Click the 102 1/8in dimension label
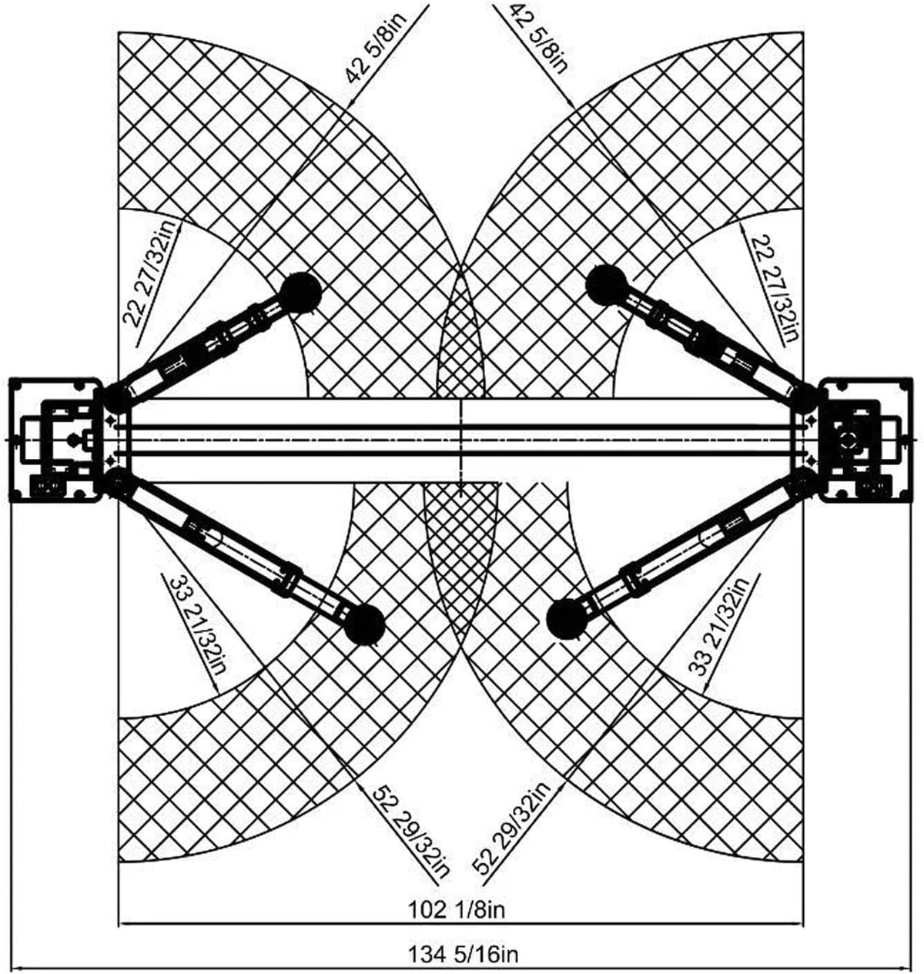(457, 909)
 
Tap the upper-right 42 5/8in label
(539, 38)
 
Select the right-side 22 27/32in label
(774, 290)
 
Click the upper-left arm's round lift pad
(300, 293)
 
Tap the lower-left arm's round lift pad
(364, 624)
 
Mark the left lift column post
(55, 440)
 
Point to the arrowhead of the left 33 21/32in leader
(216, 691)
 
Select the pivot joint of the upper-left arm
(116, 397)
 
